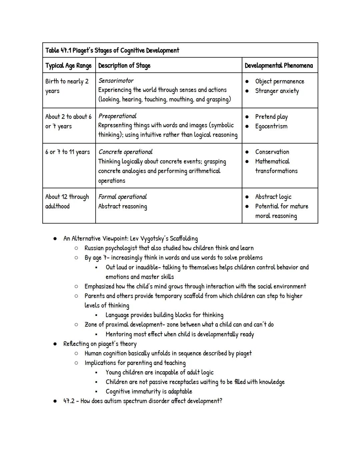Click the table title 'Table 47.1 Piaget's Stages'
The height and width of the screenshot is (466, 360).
click(112, 50)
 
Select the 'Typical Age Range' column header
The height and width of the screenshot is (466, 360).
click(68, 65)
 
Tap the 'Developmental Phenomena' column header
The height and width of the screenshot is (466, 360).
click(279, 65)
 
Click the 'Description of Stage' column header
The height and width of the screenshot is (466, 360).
click(124, 65)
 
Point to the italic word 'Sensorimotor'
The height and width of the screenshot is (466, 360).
click(116, 81)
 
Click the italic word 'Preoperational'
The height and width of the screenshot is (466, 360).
click(117, 116)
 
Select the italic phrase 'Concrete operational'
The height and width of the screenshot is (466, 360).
click(125, 152)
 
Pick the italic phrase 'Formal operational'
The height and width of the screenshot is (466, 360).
click(122, 197)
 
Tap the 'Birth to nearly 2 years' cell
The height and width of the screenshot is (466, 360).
click(67, 86)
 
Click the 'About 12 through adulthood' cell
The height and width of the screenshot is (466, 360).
click(67, 201)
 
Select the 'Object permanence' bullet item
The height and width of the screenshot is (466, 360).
click(279, 81)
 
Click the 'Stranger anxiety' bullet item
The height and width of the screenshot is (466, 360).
click(277, 91)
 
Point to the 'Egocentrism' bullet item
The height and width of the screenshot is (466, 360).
click(271, 126)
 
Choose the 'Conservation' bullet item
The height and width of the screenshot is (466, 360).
click(272, 152)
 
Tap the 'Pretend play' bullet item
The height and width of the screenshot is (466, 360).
click(271, 117)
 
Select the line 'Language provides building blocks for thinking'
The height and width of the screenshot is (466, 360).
click(164, 315)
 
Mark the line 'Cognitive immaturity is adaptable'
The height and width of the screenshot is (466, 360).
click(149, 392)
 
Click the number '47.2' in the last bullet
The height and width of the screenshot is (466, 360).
click(69, 401)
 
